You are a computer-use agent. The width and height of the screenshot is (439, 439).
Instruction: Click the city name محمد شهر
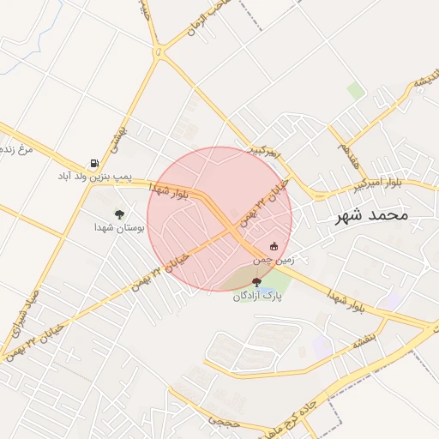tap(371, 214)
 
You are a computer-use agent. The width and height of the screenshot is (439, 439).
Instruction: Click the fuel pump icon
tap(93, 163)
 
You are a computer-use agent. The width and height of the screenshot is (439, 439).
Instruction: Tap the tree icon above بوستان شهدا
tap(119, 214)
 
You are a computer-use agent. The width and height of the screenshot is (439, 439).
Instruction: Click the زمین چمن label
tap(274, 258)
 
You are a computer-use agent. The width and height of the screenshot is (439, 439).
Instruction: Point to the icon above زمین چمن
tap(274, 246)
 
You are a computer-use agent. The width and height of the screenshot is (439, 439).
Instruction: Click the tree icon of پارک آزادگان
tap(257, 282)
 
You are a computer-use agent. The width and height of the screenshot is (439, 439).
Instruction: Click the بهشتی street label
tap(118, 135)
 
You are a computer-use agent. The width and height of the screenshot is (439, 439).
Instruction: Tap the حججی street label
tap(226, 420)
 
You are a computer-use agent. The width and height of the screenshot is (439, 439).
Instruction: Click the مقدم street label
tap(346, 155)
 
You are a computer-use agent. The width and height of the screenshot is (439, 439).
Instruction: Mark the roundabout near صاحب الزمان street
tap(159, 53)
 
